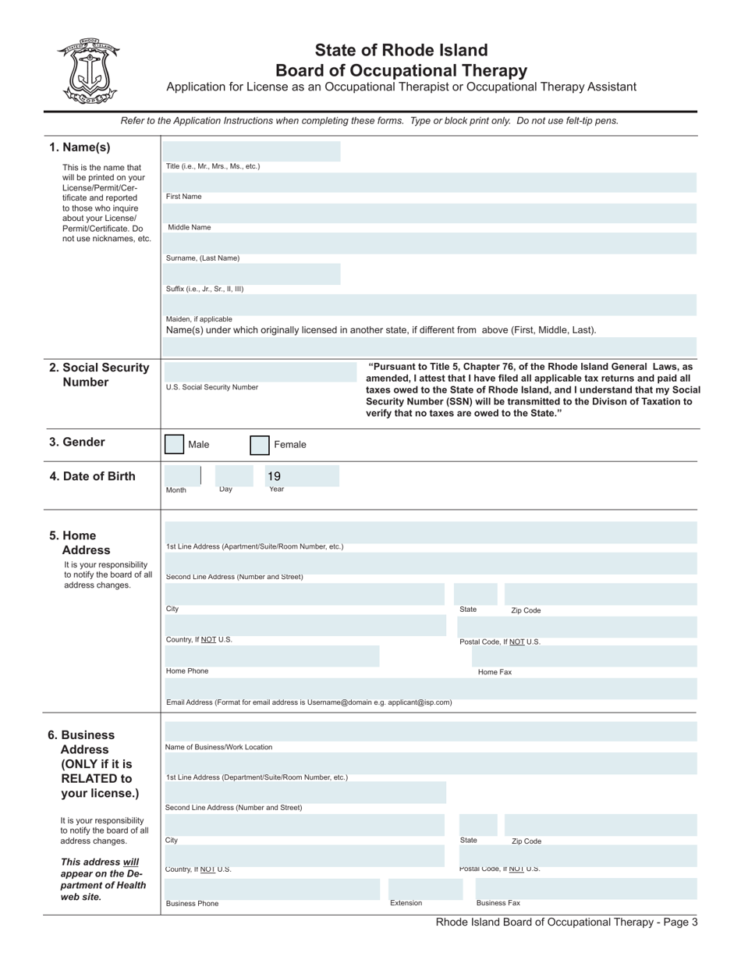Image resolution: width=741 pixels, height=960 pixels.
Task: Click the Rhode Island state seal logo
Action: tap(87, 71)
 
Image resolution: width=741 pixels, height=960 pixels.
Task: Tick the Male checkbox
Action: tap(175, 445)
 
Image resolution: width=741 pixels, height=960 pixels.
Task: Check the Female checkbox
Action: tap(260, 446)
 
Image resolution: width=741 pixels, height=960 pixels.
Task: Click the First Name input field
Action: tap(430, 183)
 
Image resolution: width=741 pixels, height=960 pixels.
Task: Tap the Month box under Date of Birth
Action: tap(182, 475)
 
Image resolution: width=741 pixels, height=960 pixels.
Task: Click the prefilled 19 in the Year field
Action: tap(274, 476)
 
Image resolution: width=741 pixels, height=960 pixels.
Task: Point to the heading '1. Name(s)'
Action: tap(80, 148)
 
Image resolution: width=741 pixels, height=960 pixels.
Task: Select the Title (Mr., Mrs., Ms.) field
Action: tap(253, 151)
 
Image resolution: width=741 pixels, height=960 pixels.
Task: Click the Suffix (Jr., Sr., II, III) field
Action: tap(253, 274)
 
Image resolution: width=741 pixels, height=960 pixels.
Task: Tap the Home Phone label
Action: tap(187, 671)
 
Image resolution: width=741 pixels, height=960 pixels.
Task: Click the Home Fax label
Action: tap(495, 672)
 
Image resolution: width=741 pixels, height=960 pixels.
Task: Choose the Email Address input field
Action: tap(430, 688)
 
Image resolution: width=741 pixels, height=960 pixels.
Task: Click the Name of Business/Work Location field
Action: tap(430, 732)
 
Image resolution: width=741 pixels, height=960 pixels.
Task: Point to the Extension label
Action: tap(406, 903)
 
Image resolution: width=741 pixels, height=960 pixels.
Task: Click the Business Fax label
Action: tap(498, 903)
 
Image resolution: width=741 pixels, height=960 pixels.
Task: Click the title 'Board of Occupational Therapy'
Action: tap(401, 70)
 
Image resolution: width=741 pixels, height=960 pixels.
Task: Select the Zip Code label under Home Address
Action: tap(526, 610)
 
